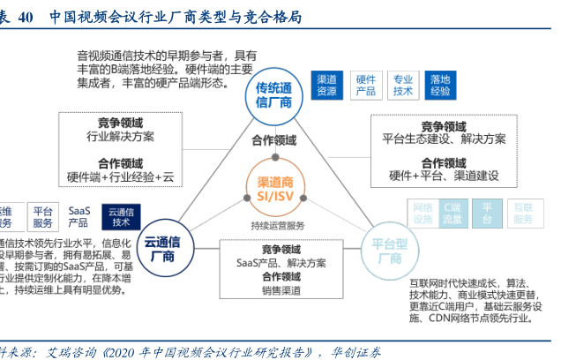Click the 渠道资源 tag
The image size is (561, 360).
(326, 85)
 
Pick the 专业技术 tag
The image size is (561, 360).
(403, 85)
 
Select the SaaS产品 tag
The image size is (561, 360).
(79, 217)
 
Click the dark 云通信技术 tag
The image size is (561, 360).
(121, 217)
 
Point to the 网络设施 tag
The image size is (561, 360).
(423, 213)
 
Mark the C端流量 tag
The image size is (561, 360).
(452, 213)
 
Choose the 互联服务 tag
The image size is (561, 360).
(523, 213)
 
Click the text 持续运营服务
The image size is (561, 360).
(276, 224)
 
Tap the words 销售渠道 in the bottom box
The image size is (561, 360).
(280, 290)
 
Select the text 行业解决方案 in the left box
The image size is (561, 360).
(121, 137)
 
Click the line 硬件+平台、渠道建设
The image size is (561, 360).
(443, 175)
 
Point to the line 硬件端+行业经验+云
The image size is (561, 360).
(121, 176)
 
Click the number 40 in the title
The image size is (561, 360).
(26, 16)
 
